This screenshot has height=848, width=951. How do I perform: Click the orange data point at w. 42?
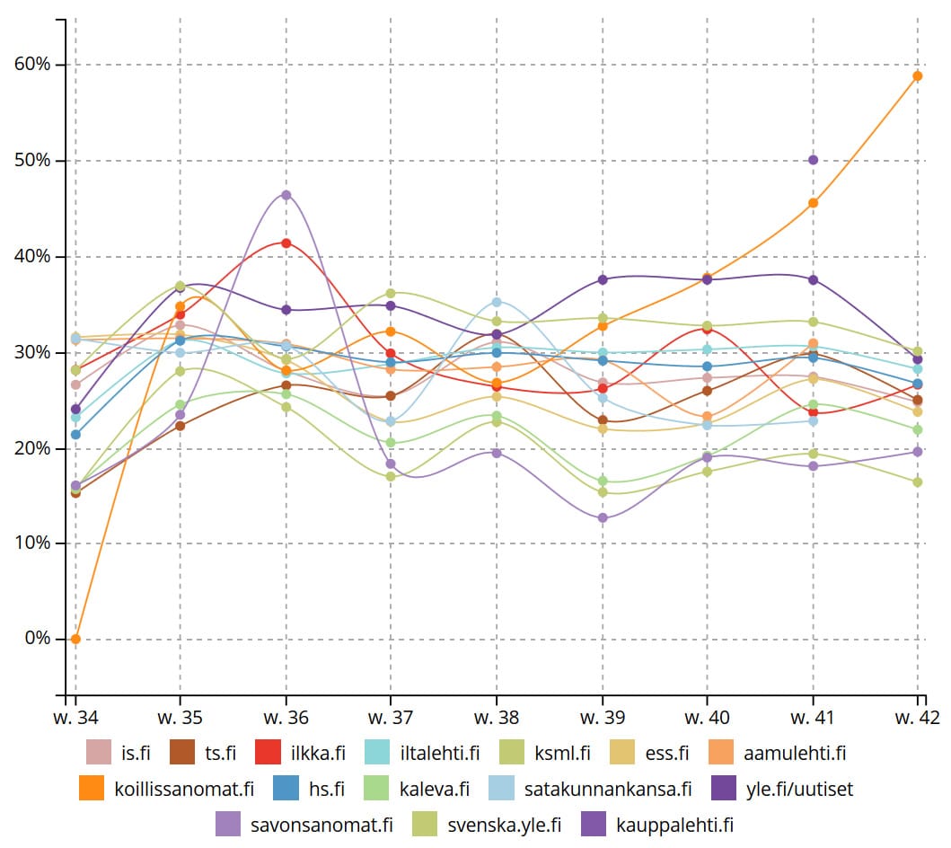[x=918, y=76]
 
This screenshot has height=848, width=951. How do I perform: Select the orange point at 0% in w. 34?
[x=75, y=639]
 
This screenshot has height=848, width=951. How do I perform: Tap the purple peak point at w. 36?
[x=286, y=195]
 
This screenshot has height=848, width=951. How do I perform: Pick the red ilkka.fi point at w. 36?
[x=286, y=243]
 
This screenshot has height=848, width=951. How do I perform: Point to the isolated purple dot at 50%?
[x=813, y=160]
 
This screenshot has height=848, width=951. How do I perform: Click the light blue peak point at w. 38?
[x=497, y=302]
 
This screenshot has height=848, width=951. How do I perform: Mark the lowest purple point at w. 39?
[x=602, y=518]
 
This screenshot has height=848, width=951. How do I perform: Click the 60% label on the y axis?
[x=32, y=65]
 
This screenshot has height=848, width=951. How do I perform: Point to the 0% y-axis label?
[x=37, y=639]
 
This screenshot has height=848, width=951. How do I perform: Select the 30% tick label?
[x=32, y=352]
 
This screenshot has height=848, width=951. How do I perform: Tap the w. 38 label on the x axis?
[x=497, y=717]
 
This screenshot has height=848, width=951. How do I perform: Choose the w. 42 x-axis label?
[x=918, y=717]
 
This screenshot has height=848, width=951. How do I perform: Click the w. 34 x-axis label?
[x=75, y=717]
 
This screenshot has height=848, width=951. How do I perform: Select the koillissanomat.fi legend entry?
[x=184, y=790]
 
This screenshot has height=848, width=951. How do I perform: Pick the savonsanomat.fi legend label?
[x=321, y=824]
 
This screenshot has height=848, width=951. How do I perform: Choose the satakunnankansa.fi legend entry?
[x=607, y=790]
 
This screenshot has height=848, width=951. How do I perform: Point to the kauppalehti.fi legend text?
[x=673, y=824]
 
